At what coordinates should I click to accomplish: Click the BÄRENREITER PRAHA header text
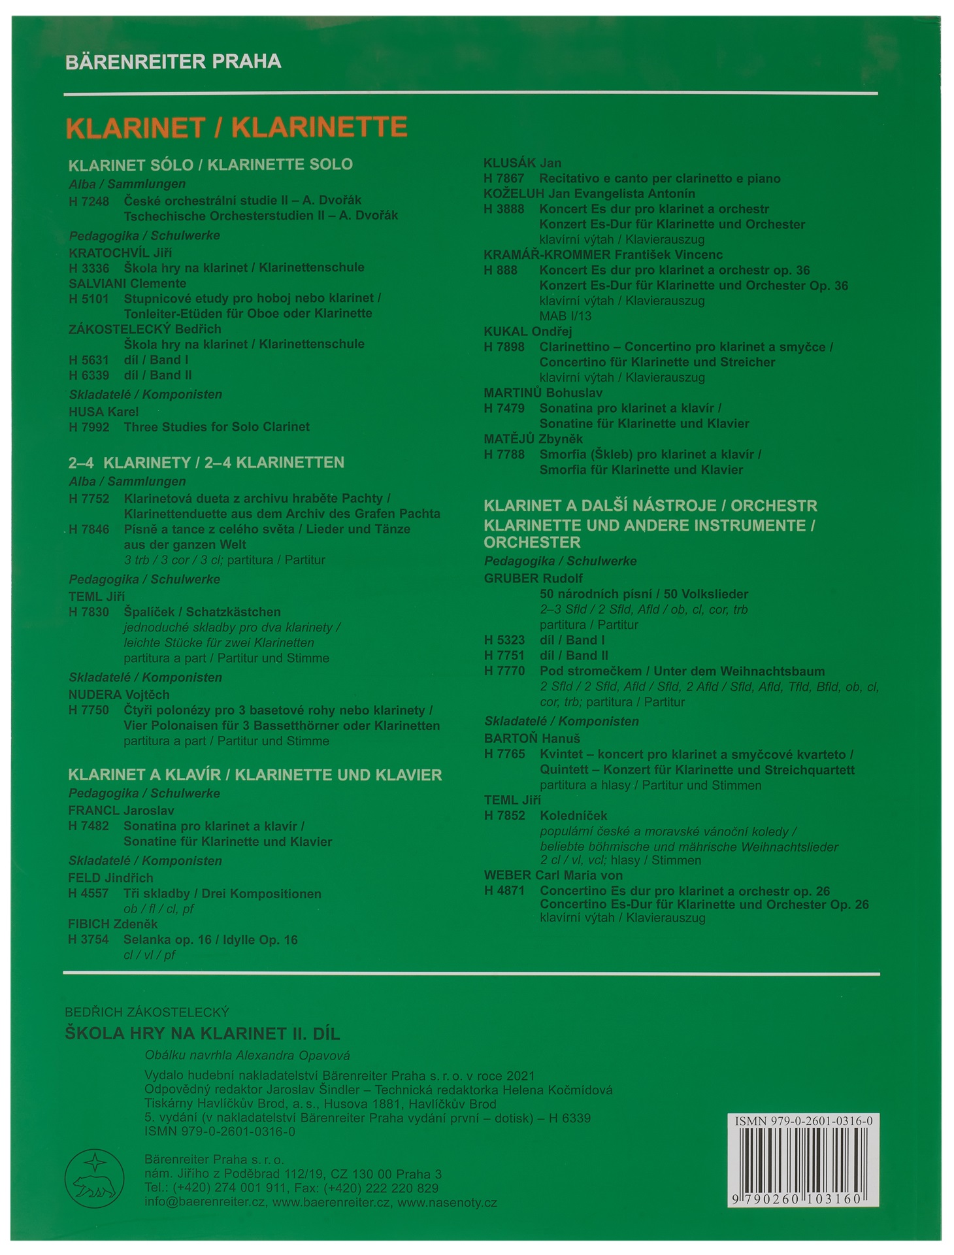pyautogui.click(x=173, y=62)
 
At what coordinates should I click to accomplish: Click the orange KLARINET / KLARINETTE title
pyautogui.click(x=237, y=127)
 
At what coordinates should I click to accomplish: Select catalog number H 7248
pyautogui.click(x=89, y=201)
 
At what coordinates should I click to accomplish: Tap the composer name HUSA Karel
pyautogui.click(x=103, y=412)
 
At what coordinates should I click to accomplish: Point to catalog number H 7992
pyautogui.click(x=89, y=427)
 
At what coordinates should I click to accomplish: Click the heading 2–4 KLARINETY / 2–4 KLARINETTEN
pyautogui.click(x=206, y=463)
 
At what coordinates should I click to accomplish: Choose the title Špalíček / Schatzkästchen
pyautogui.click(x=202, y=612)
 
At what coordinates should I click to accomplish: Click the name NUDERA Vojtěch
pyautogui.click(x=119, y=695)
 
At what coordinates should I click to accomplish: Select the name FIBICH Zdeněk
pyautogui.click(x=112, y=924)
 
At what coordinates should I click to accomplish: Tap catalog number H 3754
pyautogui.click(x=88, y=940)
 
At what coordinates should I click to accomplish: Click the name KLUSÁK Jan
pyautogui.click(x=522, y=163)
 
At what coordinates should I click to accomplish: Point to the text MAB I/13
pyautogui.click(x=565, y=316)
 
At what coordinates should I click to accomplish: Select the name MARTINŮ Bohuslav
pyautogui.click(x=542, y=393)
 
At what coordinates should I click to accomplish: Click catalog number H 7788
pyautogui.click(x=504, y=455)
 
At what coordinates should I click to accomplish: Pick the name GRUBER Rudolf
pyautogui.click(x=533, y=578)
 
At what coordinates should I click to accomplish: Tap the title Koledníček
pyautogui.click(x=573, y=816)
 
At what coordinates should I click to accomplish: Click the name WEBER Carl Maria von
pyautogui.click(x=553, y=875)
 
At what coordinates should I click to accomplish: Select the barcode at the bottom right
pyautogui.click(x=802, y=1163)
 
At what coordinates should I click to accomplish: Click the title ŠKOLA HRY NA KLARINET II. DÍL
pyautogui.click(x=202, y=1034)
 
